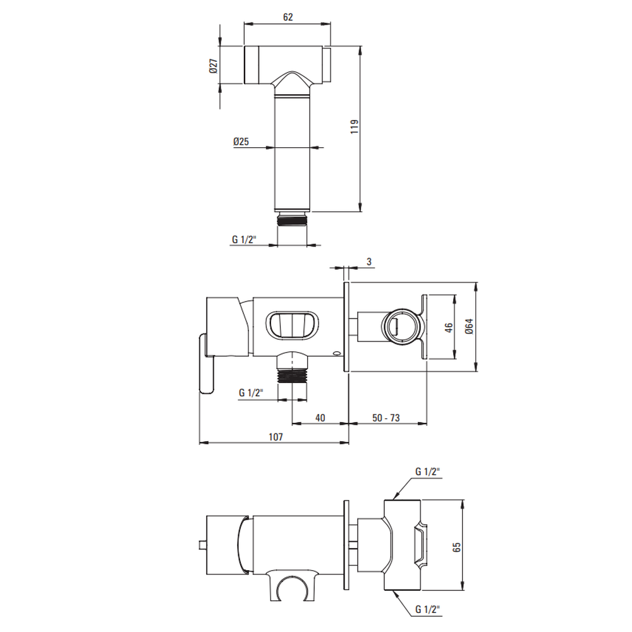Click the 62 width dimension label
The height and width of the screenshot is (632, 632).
[x=288, y=17]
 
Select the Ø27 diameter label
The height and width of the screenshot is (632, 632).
[x=213, y=66]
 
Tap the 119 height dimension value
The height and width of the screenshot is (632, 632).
[x=355, y=126]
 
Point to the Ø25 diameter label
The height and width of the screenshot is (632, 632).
[x=241, y=142]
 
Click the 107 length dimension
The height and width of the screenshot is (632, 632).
[x=276, y=437]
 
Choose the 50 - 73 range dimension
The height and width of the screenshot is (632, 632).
[x=386, y=418]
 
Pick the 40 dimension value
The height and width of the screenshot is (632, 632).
[x=320, y=418]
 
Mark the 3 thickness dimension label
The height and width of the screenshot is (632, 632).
[x=369, y=262]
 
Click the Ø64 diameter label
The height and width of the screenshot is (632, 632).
[x=469, y=326]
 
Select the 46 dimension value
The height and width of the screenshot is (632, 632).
[x=449, y=327]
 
